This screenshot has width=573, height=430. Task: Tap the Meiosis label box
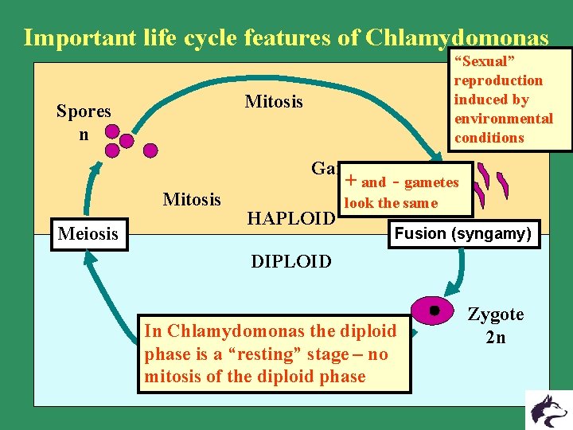tap(89, 234)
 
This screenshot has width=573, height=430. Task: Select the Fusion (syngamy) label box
tap(462, 234)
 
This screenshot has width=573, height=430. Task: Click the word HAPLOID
tap(290, 217)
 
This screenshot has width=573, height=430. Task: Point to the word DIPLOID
tap(291, 262)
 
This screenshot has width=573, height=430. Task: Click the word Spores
tap(84, 111)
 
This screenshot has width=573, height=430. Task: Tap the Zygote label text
tap(495, 315)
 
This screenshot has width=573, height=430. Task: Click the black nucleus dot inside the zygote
tap(434, 309)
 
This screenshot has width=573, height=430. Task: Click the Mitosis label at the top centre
tap(274, 102)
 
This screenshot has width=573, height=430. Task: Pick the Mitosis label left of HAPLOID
tap(192, 199)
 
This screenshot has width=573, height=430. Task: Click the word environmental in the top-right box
tap(503, 119)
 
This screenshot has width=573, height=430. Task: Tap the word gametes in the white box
tap(431, 182)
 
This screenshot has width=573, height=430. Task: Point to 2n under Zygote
tap(495, 338)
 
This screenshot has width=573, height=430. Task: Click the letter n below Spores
tap(84, 134)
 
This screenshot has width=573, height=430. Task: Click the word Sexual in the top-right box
tap(485, 61)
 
